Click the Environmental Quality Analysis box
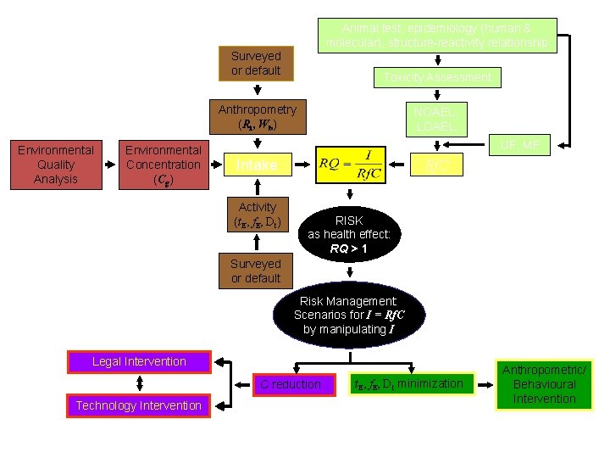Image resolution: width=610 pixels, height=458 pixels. pyautogui.click(x=56, y=165)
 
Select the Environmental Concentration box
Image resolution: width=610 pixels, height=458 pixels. pyautogui.click(x=163, y=165)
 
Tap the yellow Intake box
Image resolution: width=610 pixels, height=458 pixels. pyautogui.click(x=256, y=165)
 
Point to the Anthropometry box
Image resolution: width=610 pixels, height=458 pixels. pyautogui.click(x=258, y=117)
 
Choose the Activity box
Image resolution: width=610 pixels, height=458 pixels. pyautogui.click(x=258, y=214)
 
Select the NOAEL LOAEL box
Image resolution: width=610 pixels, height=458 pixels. pyautogui.click(x=435, y=119)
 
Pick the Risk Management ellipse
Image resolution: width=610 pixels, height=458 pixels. pyautogui.click(x=350, y=315)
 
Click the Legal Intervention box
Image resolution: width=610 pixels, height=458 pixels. pyautogui.click(x=139, y=361)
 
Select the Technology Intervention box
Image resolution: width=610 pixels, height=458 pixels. pyautogui.click(x=139, y=405)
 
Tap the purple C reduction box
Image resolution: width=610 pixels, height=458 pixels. pyautogui.click(x=291, y=384)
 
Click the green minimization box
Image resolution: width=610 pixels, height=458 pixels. pyautogui.click(x=408, y=384)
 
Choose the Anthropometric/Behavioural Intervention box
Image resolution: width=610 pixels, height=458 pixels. pyautogui.click(x=544, y=384)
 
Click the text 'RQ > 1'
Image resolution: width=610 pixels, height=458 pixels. pyautogui.click(x=349, y=249)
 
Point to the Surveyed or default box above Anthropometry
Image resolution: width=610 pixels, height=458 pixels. pyautogui.click(x=256, y=64)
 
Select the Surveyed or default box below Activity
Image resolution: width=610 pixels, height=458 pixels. pyautogui.click(x=256, y=271)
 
